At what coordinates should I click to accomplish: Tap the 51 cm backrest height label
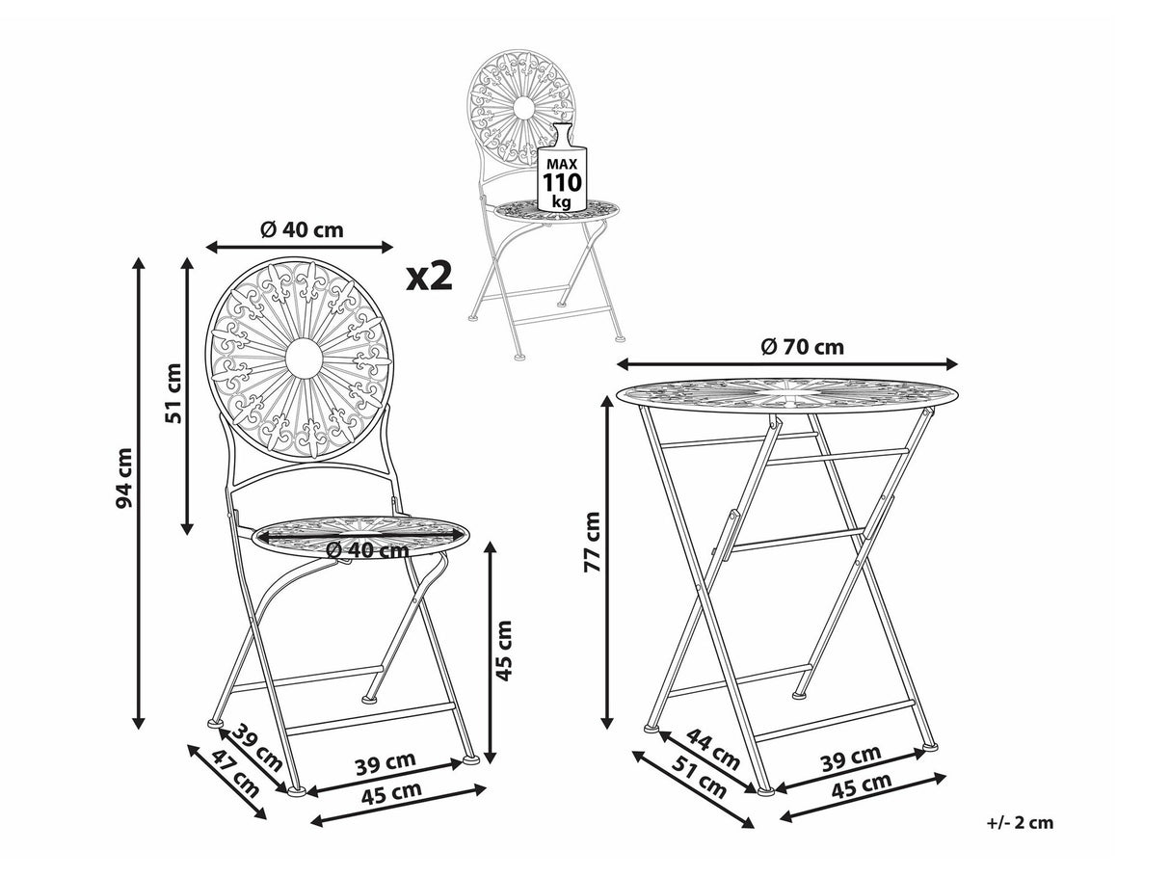(x=173, y=393)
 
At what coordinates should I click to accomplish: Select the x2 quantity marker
(x=429, y=277)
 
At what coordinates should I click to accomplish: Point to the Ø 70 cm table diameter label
(x=802, y=348)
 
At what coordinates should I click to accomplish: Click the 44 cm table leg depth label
(x=712, y=750)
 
